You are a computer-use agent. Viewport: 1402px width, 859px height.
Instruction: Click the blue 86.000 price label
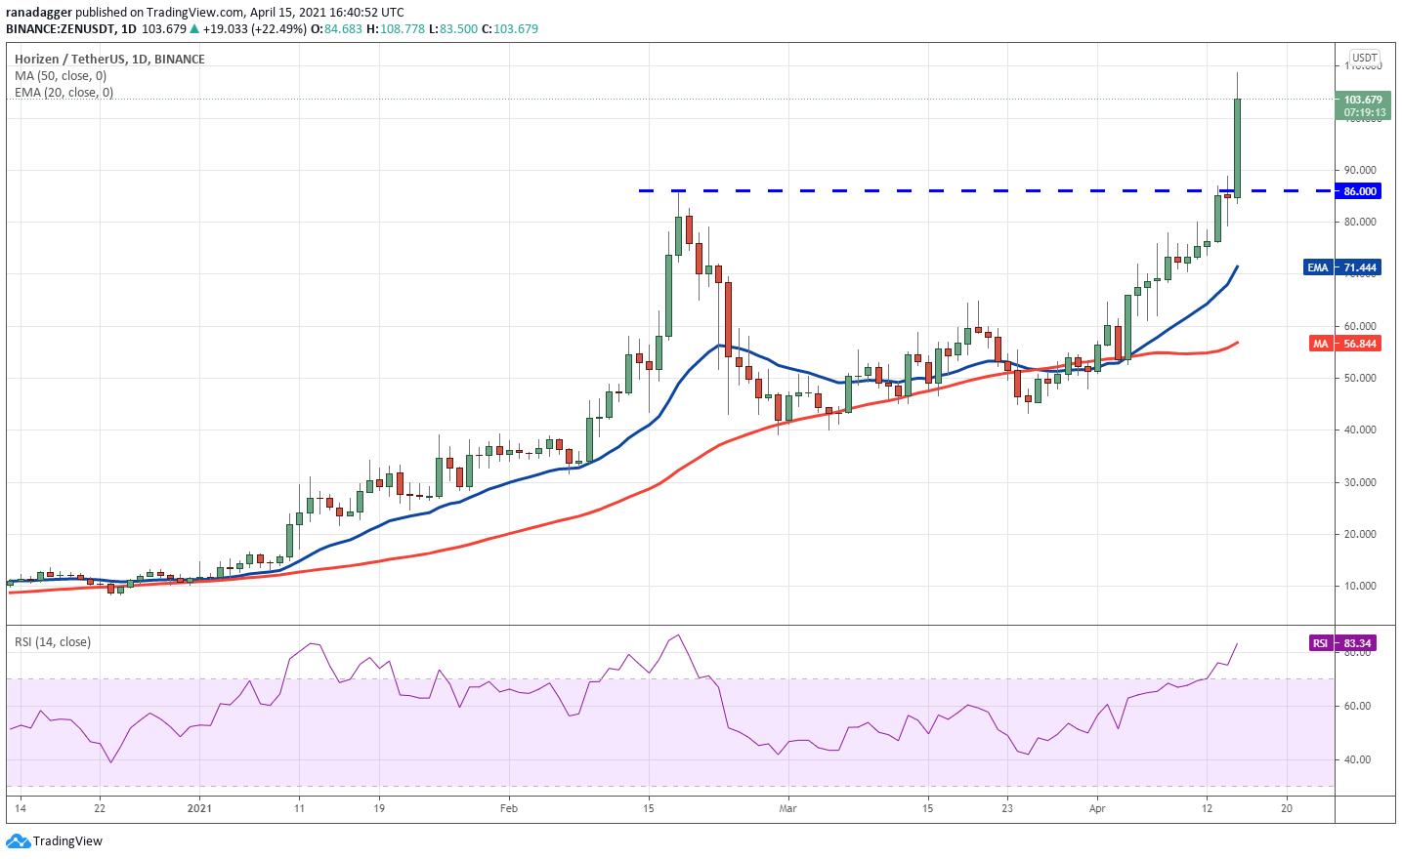pyautogui.click(x=1360, y=191)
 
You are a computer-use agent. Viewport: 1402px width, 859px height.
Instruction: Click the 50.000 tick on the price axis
pyautogui.click(x=1360, y=378)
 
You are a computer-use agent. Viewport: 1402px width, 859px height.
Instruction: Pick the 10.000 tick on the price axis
pyautogui.click(x=1360, y=586)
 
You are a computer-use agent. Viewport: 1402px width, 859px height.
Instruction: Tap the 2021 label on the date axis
pyautogui.click(x=199, y=808)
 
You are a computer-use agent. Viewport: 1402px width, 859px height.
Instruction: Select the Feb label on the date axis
pyautogui.click(x=508, y=808)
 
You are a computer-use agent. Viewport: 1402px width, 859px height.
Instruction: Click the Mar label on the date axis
pyautogui.click(x=787, y=808)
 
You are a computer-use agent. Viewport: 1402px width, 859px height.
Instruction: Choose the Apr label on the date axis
pyautogui.click(x=1097, y=808)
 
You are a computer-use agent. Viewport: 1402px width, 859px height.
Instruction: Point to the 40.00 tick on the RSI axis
pyautogui.click(x=1358, y=759)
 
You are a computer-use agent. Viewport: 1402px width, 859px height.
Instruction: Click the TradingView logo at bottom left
pyautogui.click(x=55, y=841)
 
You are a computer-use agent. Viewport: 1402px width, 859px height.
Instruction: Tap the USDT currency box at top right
pyautogui.click(x=1364, y=58)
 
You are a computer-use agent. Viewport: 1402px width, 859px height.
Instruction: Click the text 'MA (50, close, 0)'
pyautogui.click(x=61, y=76)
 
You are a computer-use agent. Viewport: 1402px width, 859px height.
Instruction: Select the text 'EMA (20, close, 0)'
pyautogui.click(x=64, y=93)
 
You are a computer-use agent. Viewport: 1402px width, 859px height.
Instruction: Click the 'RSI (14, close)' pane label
pyautogui.click(x=53, y=642)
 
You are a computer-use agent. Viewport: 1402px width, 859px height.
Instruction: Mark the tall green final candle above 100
pyautogui.click(x=1237, y=146)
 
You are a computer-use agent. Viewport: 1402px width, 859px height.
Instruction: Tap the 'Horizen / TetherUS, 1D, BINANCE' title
pyautogui.click(x=109, y=59)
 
